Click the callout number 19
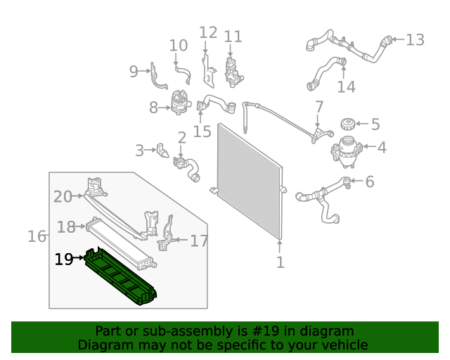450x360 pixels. pyautogui.click(x=63, y=259)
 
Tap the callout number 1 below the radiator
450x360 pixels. pyautogui.click(x=280, y=263)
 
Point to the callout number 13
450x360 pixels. pyautogui.click(x=415, y=40)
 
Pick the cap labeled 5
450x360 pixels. pyautogui.click(x=347, y=125)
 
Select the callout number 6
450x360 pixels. pyautogui.click(x=369, y=182)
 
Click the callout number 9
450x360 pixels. pyautogui.click(x=134, y=71)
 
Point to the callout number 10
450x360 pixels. pyautogui.click(x=179, y=46)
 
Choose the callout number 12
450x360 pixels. pyautogui.click(x=208, y=32)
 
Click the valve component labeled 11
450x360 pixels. pyautogui.click(x=232, y=67)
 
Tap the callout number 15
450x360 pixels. pyautogui.click(x=202, y=131)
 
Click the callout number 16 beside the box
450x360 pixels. pyautogui.click(x=37, y=236)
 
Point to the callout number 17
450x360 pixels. pyautogui.click(x=199, y=241)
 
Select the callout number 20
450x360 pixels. pyautogui.click(x=63, y=197)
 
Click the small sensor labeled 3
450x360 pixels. pyautogui.click(x=163, y=151)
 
